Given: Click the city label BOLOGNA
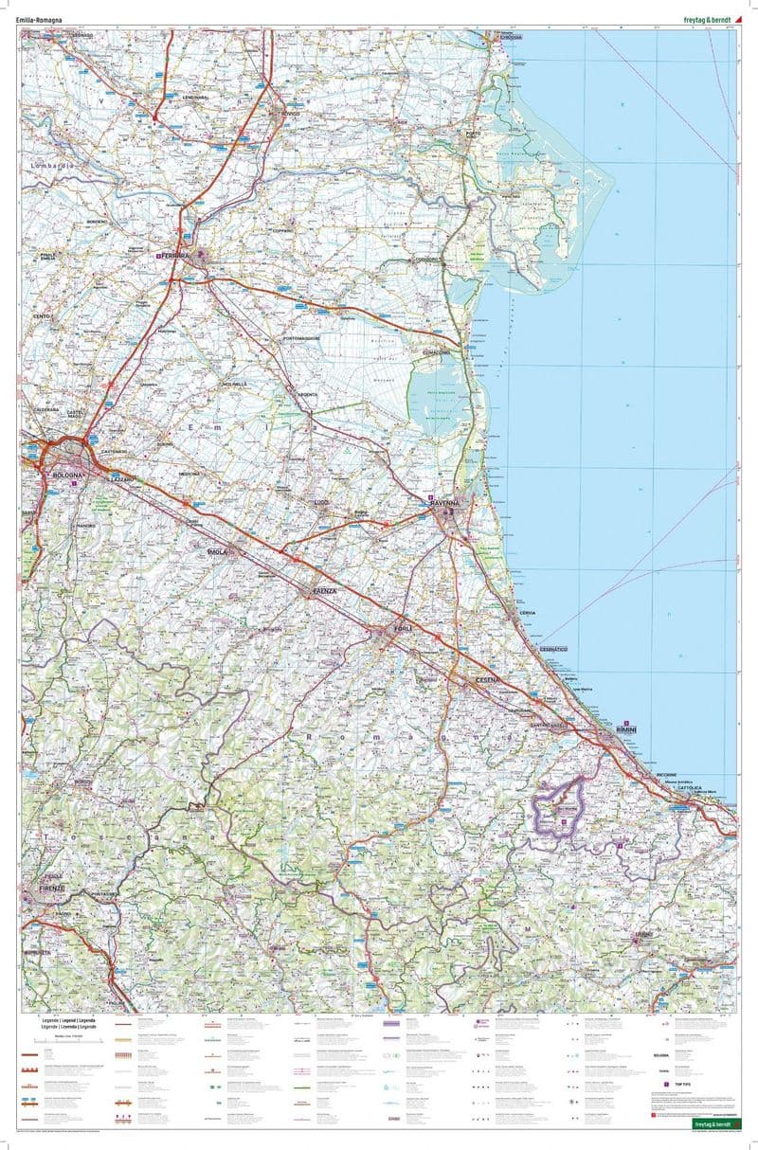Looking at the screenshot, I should pos(69,474).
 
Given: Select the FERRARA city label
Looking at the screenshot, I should pos(176,256).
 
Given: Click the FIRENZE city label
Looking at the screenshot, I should pos(49,889).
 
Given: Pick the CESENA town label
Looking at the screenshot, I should pos(485,681).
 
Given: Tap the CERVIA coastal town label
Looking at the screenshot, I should pos(528,614).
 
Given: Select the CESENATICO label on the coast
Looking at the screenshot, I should pos(552,649).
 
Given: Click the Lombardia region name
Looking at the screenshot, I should pos(52,167).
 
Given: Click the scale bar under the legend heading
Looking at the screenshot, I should pos(66,1040).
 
